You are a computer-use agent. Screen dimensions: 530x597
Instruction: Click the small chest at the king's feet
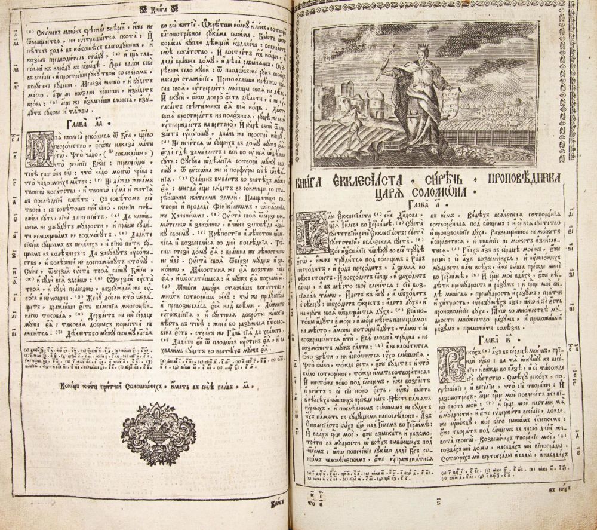pyautogui.click(x=399, y=157)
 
